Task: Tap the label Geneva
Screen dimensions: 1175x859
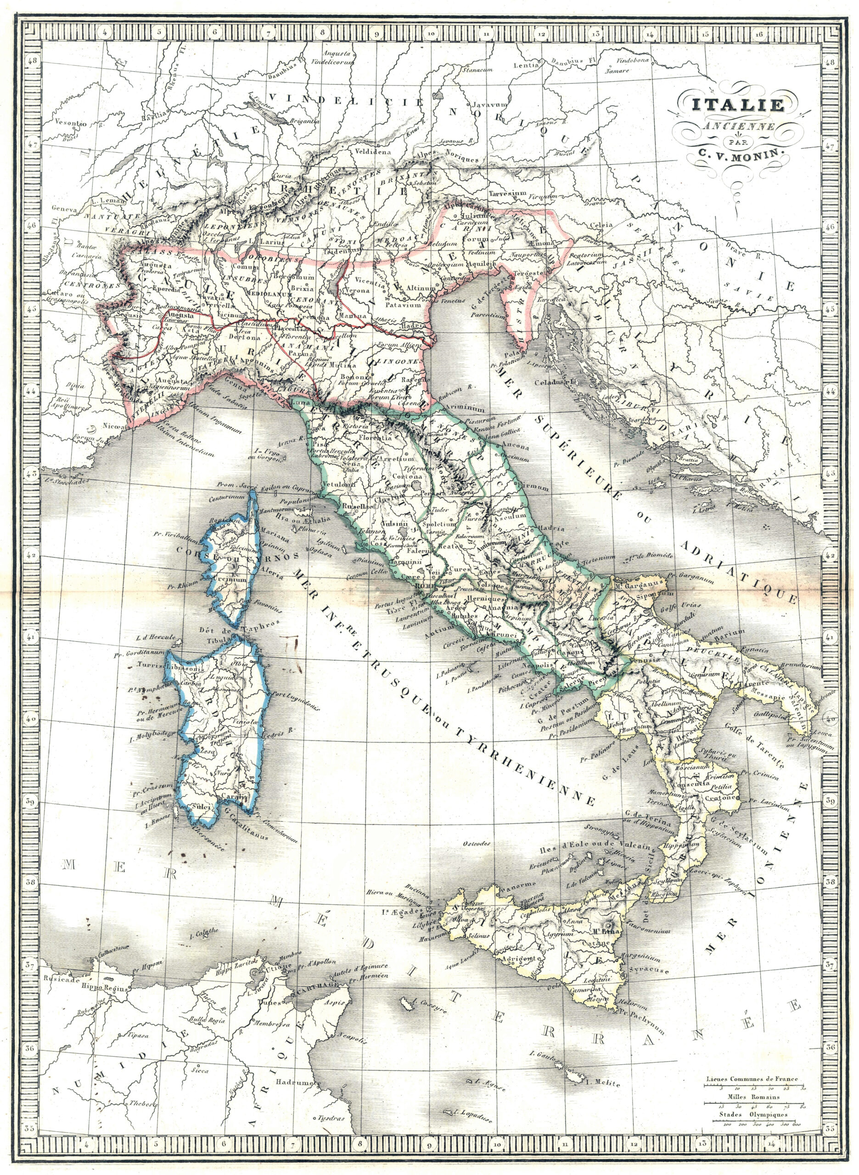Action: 64,209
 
